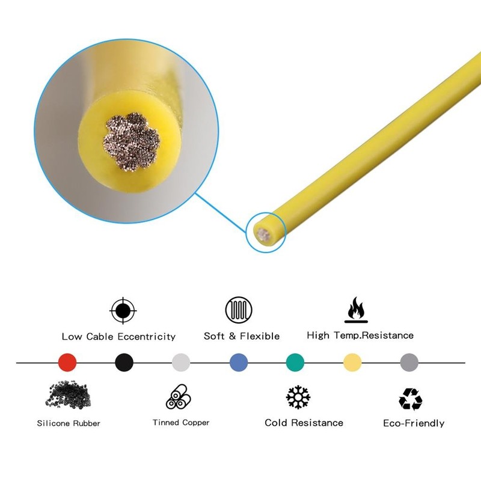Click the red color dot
(67, 362)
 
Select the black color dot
(124, 362)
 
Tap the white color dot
(181, 362)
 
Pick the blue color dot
(239, 362)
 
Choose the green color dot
(295, 362)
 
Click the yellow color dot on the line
(352, 362)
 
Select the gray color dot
(409, 362)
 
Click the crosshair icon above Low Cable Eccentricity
(123, 311)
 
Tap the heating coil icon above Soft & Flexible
(239, 311)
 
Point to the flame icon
(356, 310)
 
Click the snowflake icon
(298, 397)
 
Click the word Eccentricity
(147, 337)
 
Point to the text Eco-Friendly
(414, 423)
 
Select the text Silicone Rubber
(69, 423)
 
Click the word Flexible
(260, 336)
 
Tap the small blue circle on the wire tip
(265, 233)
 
